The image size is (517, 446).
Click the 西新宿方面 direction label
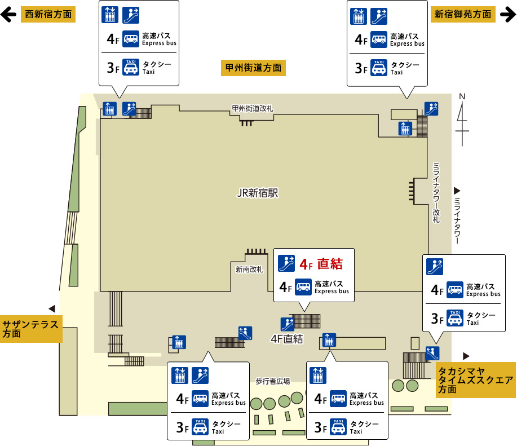tap(48, 15)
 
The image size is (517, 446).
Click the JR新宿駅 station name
tap(258, 193)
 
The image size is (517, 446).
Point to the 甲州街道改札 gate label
tap(253, 108)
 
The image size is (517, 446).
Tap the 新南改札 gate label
tap(250, 270)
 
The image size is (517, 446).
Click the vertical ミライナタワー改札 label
tap(436, 192)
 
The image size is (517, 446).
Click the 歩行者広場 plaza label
tap(272, 381)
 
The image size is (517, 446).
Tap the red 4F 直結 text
tap(321, 263)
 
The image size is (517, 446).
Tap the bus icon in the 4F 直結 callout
tap(303, 288)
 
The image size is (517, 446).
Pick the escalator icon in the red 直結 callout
tap(287, 262)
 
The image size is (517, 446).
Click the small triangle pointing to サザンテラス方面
tap(52, 308)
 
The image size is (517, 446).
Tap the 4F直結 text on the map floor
tap(287, 339)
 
